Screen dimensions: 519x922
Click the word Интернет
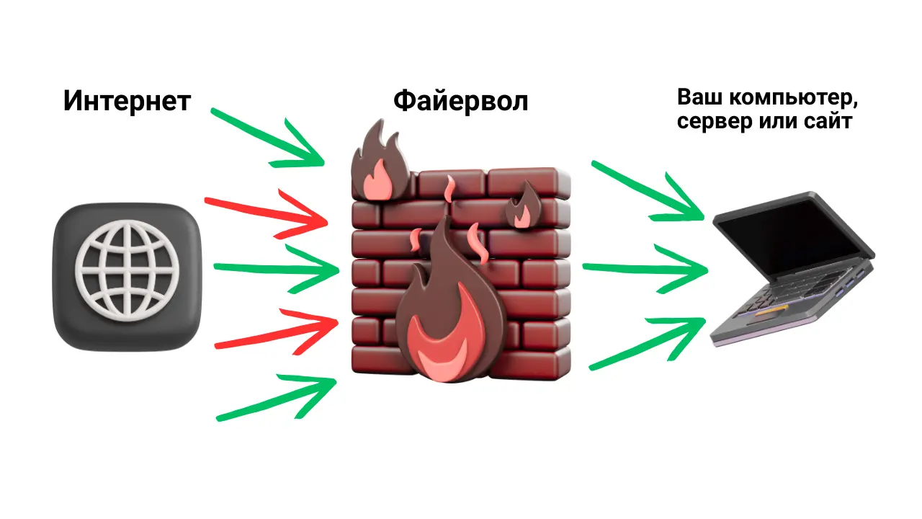tap(127, 101)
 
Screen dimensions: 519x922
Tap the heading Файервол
tap(460, 101)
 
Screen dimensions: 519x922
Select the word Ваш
tap(697, 98)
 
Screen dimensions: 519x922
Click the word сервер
tap(710, 122)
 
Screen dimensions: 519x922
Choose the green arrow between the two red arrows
tap(277, 269)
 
